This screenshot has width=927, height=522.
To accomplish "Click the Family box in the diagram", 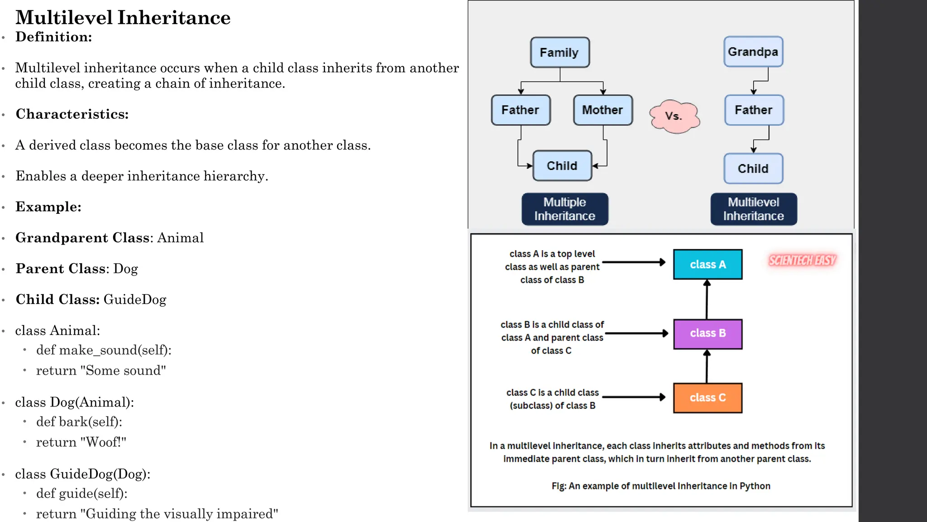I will click(x=560, y=53).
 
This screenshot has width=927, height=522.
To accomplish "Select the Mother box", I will click(x=602, y=110).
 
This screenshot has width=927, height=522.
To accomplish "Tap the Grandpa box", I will click(x=753, y=52).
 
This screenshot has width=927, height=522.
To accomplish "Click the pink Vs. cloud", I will click(x=674, y=116).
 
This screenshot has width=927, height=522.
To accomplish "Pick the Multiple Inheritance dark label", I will click(x=564, y=209).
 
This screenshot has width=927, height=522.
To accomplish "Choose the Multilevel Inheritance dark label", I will click(x=753, y=209).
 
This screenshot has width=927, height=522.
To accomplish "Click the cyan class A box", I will click(x=707, y=264).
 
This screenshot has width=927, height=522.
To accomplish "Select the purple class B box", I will click(x=707, y=333).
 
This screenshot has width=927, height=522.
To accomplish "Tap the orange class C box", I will click(x=707, y=398).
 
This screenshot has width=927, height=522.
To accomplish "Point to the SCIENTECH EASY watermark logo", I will click(x=802, y=261).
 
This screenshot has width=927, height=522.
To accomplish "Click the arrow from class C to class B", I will click(x=707, y=367).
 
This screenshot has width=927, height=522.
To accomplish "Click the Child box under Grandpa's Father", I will click(x=753, y=169).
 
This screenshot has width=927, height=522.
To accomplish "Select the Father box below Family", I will click(x=521, y=110).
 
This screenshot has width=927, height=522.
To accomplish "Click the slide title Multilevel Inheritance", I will click(x=123, y=18).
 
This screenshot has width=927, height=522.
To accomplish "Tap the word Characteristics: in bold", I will click(x=72, y=114).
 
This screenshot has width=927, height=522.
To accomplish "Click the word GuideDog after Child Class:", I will click(x=135, y=300).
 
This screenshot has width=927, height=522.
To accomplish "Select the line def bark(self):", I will click(x=79, y=422).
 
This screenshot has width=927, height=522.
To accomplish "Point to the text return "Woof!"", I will click(x=81, y=442).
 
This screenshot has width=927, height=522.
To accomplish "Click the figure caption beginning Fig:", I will click(x=661, y=486).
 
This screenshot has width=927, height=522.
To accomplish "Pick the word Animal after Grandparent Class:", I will click(x=180, y=238).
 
